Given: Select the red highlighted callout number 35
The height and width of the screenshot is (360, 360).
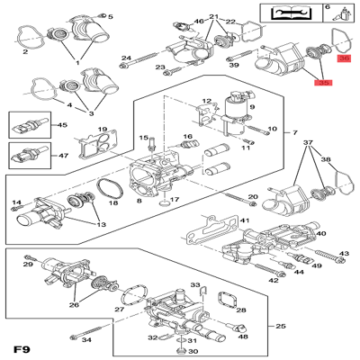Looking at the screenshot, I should coord(323,82).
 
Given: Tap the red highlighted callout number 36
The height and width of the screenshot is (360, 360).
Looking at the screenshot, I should coord(344,58).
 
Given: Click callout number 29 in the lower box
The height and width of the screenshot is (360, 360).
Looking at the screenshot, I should coord(27,265).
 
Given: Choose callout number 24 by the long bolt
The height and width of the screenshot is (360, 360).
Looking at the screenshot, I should coord(126,58).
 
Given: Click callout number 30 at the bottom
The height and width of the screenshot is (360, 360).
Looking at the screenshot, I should coord(193,350).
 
